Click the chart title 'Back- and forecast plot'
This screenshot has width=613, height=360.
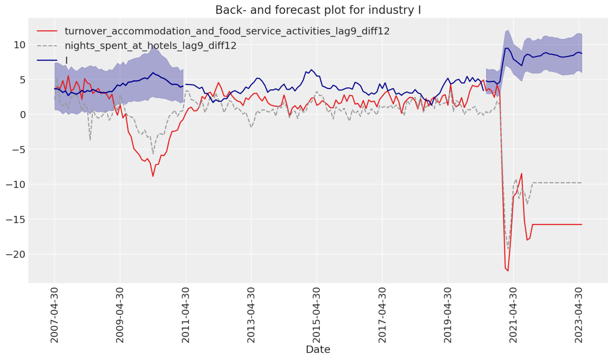coord(318,10)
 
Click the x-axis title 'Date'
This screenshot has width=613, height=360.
coord(318,349)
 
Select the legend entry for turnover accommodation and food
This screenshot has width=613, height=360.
coord(227,31)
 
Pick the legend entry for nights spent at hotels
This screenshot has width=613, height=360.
coord(150,46)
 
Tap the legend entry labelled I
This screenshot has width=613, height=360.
coord(67,60)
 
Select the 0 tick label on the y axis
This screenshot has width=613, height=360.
coord(23,115)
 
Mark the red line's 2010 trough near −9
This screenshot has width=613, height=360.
coord(153,176)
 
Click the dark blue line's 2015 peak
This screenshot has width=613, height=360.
coord(311,70)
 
